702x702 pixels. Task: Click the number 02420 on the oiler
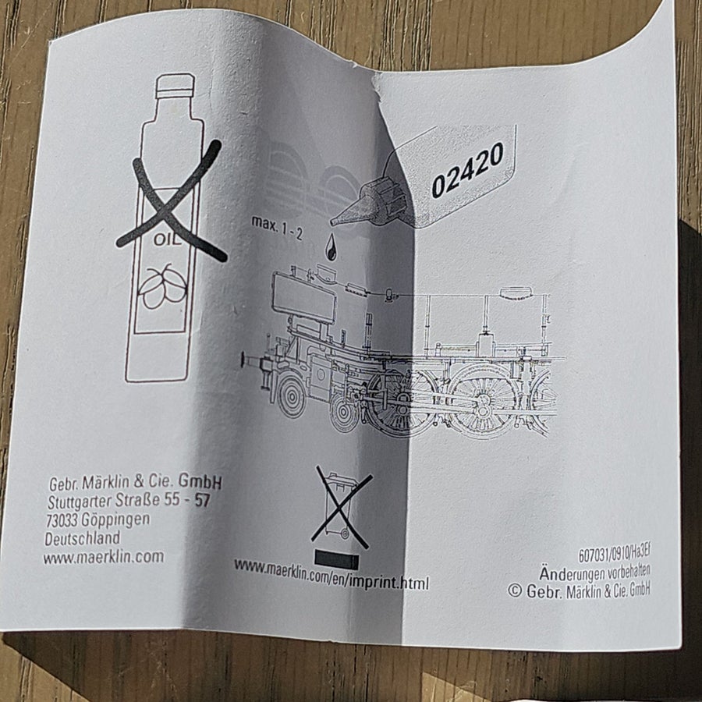[x=467, y=170]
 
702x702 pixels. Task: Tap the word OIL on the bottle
[x=168, y=239]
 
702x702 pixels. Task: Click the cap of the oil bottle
[x=175, y=86]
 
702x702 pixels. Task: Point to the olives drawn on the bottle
[x=162, y=286]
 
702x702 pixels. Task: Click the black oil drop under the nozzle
[x=331, y=246]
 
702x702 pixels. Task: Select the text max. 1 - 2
[x=277, y=227]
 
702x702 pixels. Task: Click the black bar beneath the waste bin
[x=337, y=559]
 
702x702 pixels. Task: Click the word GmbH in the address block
[x=200, y=481]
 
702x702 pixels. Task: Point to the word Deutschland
[x=83, y=538]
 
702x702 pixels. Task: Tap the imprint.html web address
[x=331, y=576]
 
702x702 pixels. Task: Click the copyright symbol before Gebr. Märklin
[x=515, y=591]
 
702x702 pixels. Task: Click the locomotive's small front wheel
[x=292, y=395]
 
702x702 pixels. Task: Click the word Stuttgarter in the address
[x=80, y=502]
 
